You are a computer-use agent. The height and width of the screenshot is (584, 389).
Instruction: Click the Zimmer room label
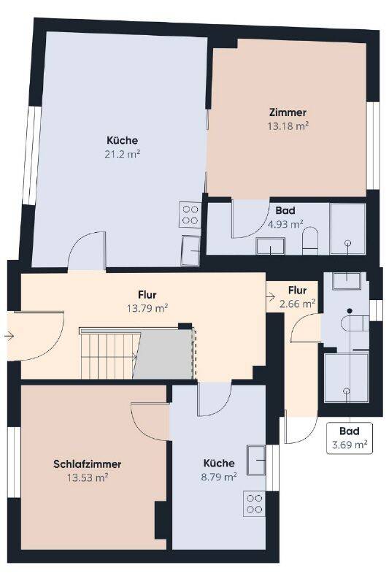pyautogui.click(x=288, y=112)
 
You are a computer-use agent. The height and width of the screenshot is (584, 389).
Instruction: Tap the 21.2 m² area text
pyautogui.click(x=122, y=154)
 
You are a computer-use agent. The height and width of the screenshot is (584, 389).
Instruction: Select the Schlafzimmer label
pyautogui.click(x=87, y=464)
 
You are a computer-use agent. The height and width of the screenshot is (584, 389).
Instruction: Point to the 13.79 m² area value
pyautogui.click(x=147, y=308)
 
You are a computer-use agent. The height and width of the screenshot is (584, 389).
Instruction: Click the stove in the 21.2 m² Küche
pyautogui.click(x=190, y=215)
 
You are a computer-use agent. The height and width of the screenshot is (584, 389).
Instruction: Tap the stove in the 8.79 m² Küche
pyautogui.click(x=254, y=504)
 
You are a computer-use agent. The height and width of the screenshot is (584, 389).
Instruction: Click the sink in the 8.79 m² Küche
pyautogui.click(x=256, y=460)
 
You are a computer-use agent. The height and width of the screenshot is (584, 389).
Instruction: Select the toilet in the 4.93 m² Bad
pyautogui.click(x=309, y=241)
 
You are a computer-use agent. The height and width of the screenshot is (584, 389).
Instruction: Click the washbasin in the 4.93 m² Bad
pyautogui.click(x=270, y=246)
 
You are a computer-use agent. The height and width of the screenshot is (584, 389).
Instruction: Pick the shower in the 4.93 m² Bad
pyautogui.click(x=347, y=228)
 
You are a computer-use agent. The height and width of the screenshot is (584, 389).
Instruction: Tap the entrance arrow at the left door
pyautogui.click(x=9, y=337)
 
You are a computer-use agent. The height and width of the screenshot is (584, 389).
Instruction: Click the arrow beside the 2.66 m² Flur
pyautogui.click(x=271, y=296)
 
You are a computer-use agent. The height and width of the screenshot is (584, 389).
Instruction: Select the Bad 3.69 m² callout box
pyautogui.click(x=349, y=438)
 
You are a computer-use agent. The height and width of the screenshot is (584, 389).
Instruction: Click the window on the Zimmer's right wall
pyautogui.click(x=373, y=145)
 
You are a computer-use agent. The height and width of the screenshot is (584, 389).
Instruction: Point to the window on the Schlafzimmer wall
pyautogui.click(x=15, y=461)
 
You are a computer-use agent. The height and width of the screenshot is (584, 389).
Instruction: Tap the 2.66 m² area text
pyautogui.click(x=298, y=304)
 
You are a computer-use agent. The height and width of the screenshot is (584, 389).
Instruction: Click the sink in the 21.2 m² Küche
pyautogui.click(x=190, y=250)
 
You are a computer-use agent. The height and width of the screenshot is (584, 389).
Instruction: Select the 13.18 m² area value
pyautogui.click(x=288, y=126)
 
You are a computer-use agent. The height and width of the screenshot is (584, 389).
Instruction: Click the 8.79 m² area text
pyautogui.click(x=219, y=477)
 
